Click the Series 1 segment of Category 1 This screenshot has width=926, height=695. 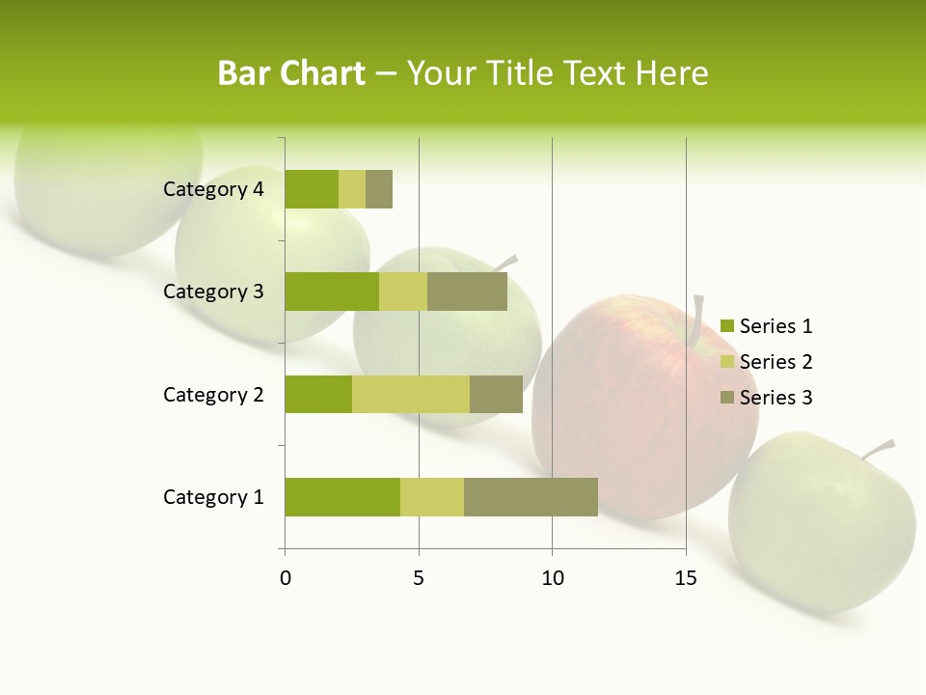tap(342, 497)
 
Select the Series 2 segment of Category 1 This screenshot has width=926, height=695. tap(432, 497)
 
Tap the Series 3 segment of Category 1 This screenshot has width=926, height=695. tap(531, 497)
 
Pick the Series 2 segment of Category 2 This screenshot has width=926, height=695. tap(411, 394)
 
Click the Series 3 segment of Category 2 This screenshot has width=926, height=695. tap(496, 394)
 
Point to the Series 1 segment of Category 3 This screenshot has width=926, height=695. tap(332, 292)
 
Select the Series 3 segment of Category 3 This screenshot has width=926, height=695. tap(467, 292)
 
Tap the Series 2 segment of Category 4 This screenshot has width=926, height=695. tap(352, 189)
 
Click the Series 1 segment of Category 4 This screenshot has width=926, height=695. tap(312, 189)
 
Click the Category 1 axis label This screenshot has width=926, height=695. tap(213, 497)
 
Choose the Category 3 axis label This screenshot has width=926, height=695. tap(213, 292)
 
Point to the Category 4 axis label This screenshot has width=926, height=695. tap(213, 189)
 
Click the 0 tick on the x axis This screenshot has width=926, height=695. tap(286, 578)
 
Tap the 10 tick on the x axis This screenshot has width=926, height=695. tap(552, 578)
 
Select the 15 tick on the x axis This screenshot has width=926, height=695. tap(685, 578)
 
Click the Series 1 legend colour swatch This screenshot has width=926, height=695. tap(726, 326)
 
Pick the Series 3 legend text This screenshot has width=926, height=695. tap(776, 398)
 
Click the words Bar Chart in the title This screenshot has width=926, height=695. tap(291, 73)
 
